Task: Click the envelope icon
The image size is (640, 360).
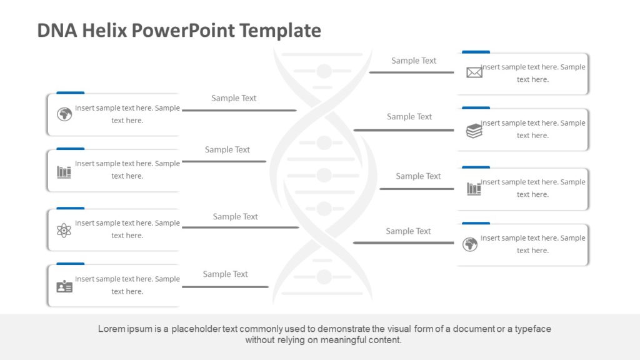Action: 474,73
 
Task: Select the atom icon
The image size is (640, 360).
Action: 64,230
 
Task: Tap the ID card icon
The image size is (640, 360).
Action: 64,286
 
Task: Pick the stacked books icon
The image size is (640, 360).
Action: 474,131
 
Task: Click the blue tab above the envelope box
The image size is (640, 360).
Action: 476,52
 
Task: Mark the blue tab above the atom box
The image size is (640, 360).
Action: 70,207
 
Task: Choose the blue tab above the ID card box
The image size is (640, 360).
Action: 70,264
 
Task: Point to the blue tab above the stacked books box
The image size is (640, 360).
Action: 476,107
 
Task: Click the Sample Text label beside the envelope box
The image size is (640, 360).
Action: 414,61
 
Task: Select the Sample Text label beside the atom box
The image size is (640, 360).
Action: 235,216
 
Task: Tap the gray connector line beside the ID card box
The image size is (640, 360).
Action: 225,287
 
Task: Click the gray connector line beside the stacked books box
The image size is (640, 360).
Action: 404,130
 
